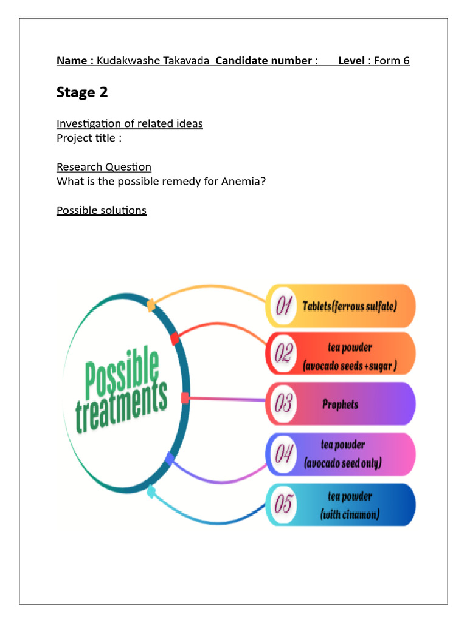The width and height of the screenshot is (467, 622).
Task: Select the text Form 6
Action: coord(392,60)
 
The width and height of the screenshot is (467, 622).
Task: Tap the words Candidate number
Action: coord(263,60)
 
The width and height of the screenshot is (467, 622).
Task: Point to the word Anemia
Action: coord(241,181)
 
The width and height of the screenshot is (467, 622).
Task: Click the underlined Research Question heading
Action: coord(104,166)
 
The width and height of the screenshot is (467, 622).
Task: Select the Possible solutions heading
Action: coord(102,210)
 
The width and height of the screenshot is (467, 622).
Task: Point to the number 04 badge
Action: coord(283,454)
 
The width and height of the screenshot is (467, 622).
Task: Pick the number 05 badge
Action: coord(283,504)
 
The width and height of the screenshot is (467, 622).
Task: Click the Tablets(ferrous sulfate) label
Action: coord(350,306)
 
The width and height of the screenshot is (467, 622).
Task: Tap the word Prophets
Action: coord(340,404)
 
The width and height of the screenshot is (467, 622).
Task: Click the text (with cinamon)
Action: coord(350,515)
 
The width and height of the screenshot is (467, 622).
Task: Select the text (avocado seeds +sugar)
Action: coord(350,366)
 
